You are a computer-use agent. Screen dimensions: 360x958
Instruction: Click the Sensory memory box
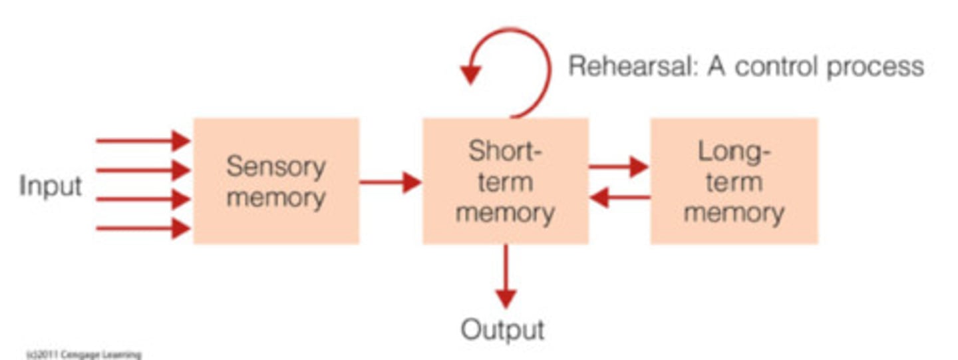pyautogui.click(x=276, y=181)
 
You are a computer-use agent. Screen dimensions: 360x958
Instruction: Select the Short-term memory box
pyautogui.click(x=506, y=181)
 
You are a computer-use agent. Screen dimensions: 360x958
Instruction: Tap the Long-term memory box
pyautogui.click(x=734, y=181)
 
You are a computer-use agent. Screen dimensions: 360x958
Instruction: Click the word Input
pyautogui.click(x=51, y=186)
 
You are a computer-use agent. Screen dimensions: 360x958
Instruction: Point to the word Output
pyautogui.click(x=503, y=329)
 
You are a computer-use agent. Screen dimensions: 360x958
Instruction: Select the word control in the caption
pyautogui.click(x=771, y=67)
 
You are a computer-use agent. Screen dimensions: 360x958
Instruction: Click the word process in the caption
pyautogui.click(x=874, y=67)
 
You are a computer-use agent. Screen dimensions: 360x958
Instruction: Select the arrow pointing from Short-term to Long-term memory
pyautogui.click(x=618, y=167)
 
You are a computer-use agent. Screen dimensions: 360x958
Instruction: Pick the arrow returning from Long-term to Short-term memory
pyautogui.click(x=619, y=197)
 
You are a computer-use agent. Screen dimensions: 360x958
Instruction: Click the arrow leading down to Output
pyautogui.click(x=506, y=276)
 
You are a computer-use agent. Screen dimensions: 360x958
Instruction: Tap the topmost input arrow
pyautogui.click(x=143, y=140)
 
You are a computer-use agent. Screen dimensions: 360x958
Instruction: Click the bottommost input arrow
pyautogui.click(x=143, y=229)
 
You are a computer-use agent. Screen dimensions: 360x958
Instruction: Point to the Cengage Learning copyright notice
pyautogui.click(x=84, y=355)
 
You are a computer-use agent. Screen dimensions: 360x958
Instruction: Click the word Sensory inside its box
pyautogui.click(x=275, y=166)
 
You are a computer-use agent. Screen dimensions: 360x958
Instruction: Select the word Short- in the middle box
pyautogui.click(x=506, y=151)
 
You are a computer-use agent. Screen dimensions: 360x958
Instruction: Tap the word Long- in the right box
pyautogui.click(x=734, y=152)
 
